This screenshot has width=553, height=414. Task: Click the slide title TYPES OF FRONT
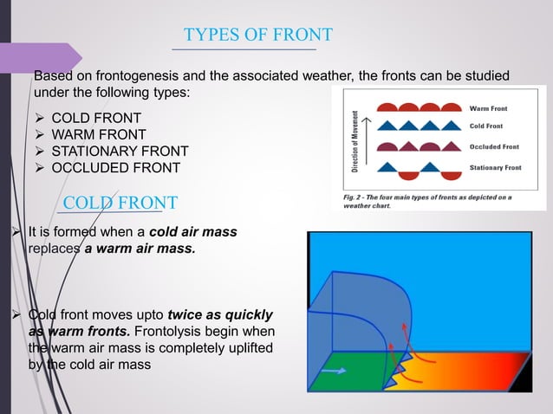257,35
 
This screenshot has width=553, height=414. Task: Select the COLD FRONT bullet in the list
96,117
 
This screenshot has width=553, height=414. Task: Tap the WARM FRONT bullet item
98,133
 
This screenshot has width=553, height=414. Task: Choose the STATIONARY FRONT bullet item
120,151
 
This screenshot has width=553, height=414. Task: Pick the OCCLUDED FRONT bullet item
115,167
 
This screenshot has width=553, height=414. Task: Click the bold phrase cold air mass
193,232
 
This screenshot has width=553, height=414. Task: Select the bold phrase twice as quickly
220,314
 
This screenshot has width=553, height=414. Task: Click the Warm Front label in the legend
489,108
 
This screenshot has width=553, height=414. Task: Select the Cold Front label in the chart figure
486,126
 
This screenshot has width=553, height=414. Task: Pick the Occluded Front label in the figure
493,146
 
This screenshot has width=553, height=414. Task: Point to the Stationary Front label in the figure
496,166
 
